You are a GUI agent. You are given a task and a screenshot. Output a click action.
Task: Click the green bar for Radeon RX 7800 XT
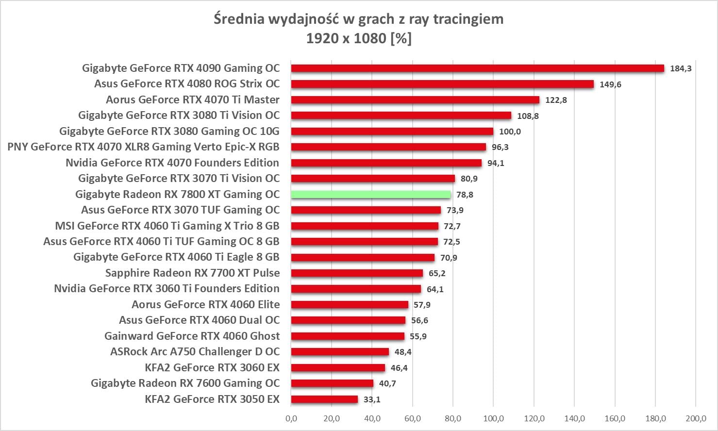click(371, 195)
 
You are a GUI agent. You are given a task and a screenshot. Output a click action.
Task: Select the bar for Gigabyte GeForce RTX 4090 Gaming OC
click(477, 68)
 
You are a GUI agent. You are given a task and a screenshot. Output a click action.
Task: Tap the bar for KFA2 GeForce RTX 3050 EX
click(324, 399)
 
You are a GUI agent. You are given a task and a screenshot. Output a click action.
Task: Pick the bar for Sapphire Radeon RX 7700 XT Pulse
click(357, 273)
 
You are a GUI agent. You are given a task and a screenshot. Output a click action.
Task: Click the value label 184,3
click(681, 68)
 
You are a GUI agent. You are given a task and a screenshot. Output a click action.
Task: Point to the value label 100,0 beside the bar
click(510, 132)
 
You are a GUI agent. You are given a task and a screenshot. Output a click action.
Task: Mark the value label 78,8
click(465, 195)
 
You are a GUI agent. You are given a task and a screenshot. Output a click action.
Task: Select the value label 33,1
click(372, 400)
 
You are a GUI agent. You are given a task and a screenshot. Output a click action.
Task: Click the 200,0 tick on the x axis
click(696, 418)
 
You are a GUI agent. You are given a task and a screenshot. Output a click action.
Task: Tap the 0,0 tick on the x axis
click(291, 418)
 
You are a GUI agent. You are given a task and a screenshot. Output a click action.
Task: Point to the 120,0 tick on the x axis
click(534, 418)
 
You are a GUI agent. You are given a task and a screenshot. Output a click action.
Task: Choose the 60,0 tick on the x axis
click(413, 418)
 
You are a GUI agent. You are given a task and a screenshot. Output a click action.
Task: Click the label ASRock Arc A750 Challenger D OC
click(195, 352)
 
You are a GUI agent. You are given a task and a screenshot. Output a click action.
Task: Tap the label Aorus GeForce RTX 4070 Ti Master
click(193, 100)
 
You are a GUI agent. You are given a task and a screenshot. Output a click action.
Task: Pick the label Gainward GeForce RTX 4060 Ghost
click(192, 336)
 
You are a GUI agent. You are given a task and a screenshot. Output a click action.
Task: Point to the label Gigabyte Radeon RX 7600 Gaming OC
click(185, 383)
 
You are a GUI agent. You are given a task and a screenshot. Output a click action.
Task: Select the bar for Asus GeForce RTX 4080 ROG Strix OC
click(442, 84)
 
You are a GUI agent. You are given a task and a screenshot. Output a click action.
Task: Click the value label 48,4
click(403, 352)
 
